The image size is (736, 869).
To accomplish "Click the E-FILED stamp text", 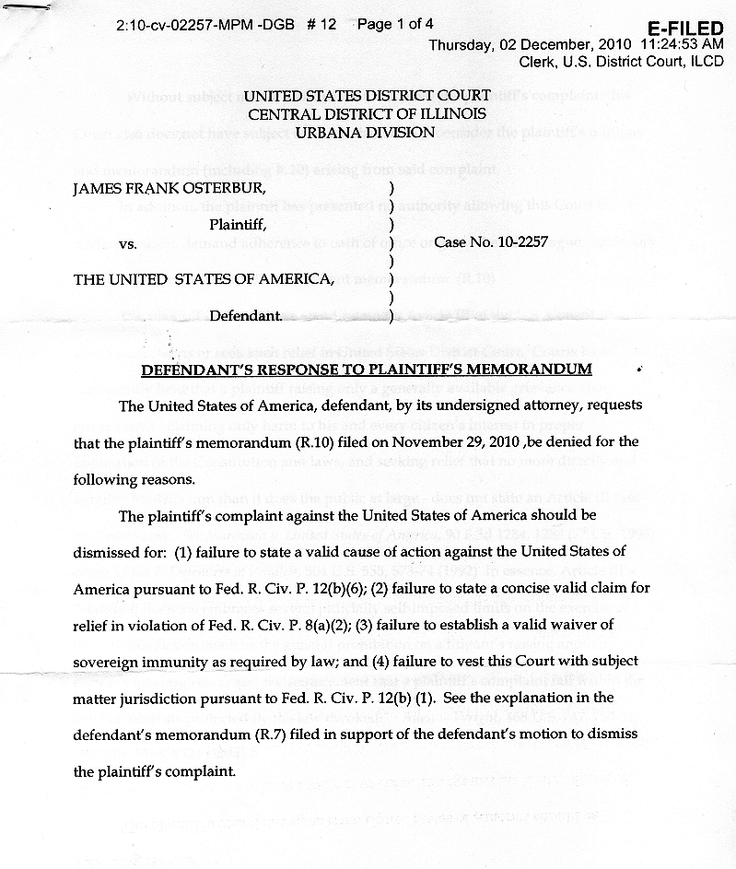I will pyautogui.click(x=685, y=29).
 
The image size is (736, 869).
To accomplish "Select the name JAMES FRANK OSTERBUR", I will pyautogui.click(x=169, y=188).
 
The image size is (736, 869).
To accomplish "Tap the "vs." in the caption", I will pyautogui.click(x=128, y=244).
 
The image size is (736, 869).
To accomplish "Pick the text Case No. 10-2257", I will pyautogui.click(x=492, y=242).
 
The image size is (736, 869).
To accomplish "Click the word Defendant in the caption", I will pyautogui.click(x=244, y=316).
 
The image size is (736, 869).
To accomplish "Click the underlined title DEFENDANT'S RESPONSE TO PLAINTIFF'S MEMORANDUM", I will pyautogui.click(x=366, y=370).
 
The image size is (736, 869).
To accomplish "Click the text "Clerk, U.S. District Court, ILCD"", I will pyautogui.click(x=622, y=63).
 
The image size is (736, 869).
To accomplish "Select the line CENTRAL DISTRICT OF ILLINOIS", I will pyautogui.click(x=367, y=114).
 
